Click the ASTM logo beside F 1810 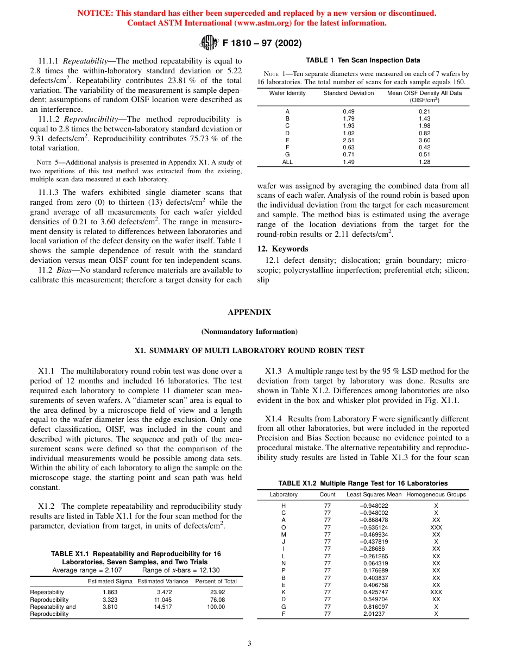tap(209, 42)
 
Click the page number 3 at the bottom tap(249, 644)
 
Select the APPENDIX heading tap(249, 312)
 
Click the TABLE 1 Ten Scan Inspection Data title tap(363, 60)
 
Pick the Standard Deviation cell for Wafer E tap(348, 140)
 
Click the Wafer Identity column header tap(287, 93)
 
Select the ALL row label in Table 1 tap(287, 162)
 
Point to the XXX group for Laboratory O tap(436, 527)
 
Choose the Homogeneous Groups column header tap(436, 494)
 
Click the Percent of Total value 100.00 tap(216, 607)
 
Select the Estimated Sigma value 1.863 tap(110, 592)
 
